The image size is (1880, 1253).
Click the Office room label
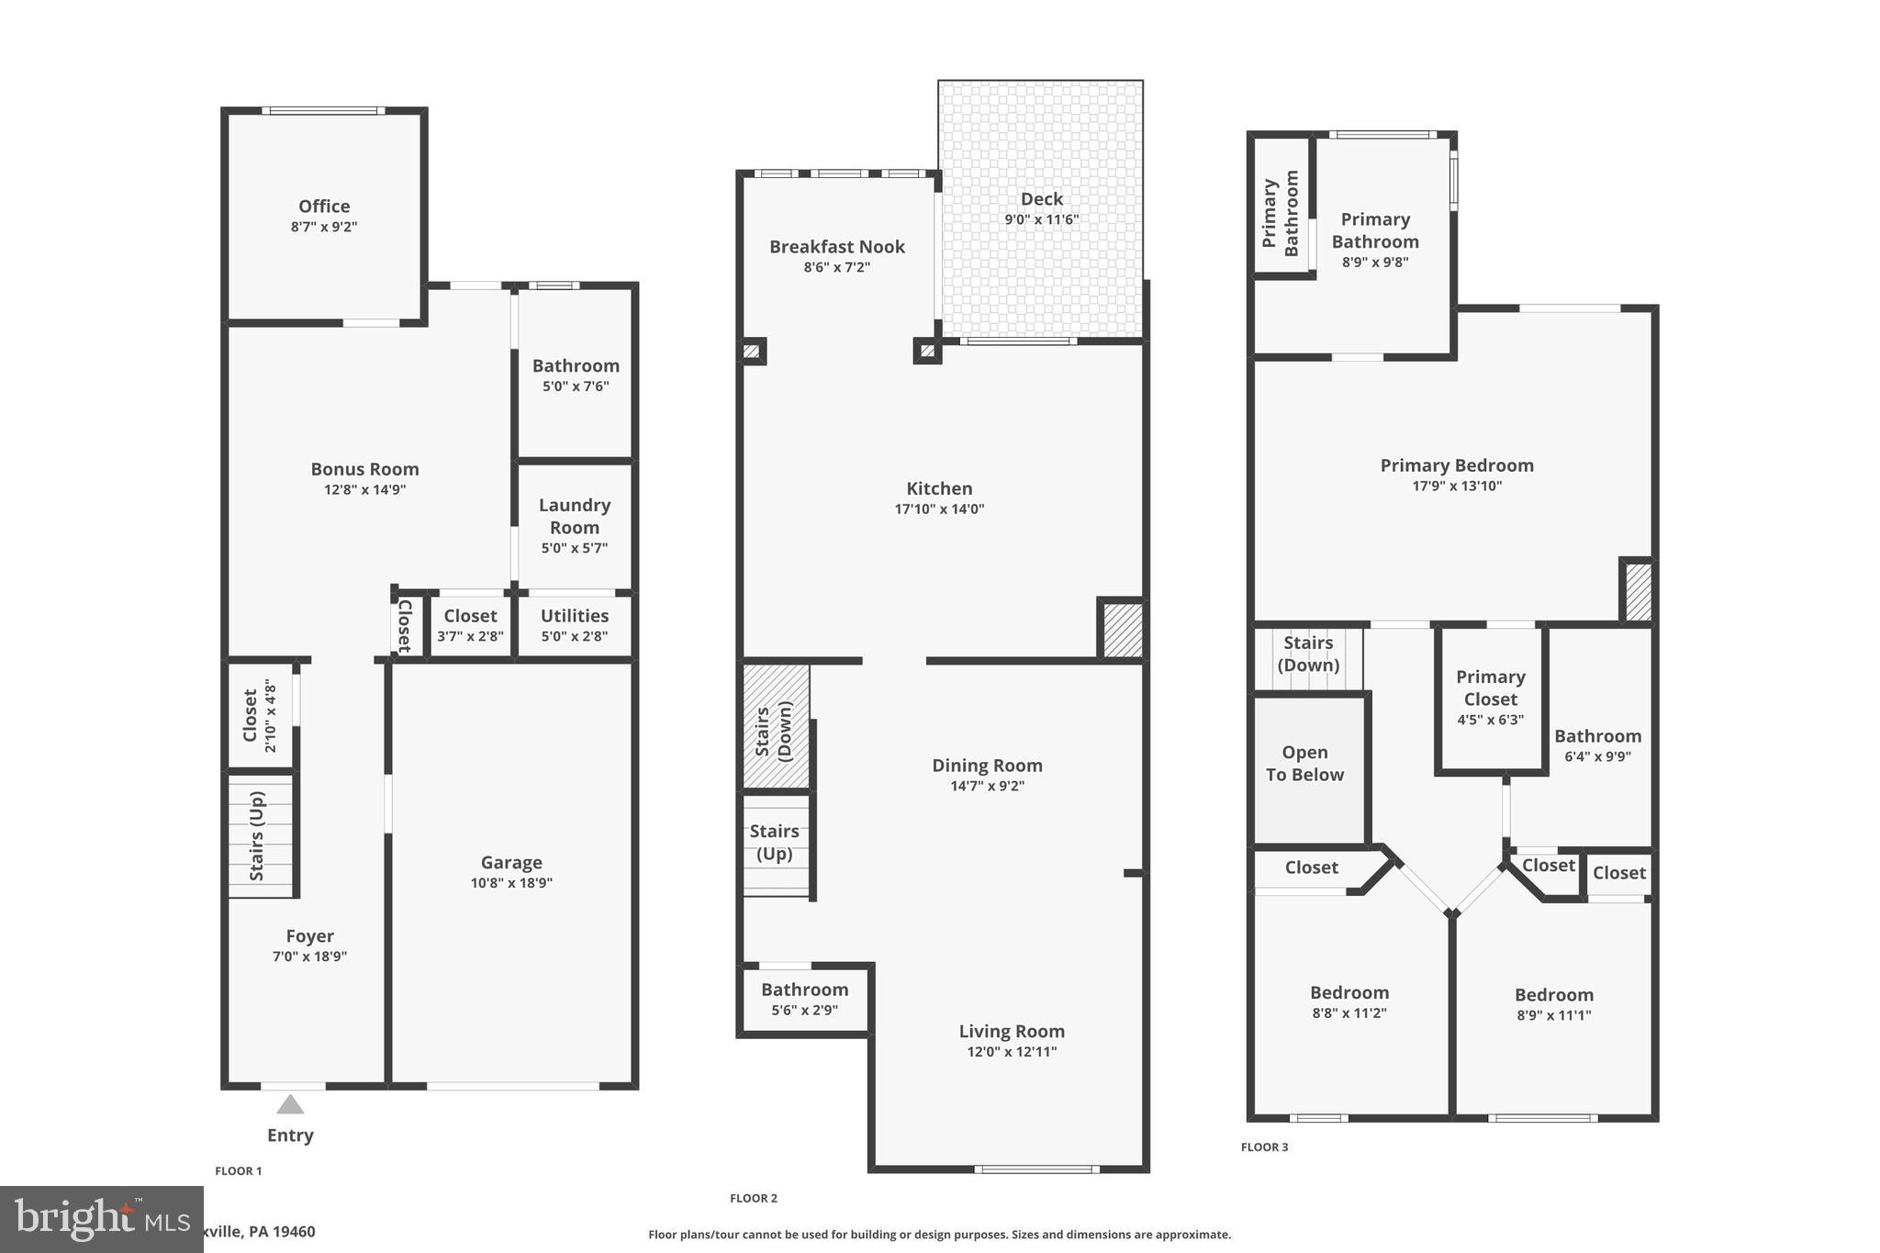click(x=324, y=207)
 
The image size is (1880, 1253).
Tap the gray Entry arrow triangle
click(x=290, y=1104)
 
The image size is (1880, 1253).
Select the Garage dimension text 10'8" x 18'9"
click(x=511, y=883)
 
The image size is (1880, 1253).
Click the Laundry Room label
click(x=575, y=516)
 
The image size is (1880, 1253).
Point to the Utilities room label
click(x=575, y=616)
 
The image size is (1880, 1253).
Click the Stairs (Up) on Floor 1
click(x=258, y=835)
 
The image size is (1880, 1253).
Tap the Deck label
click(x=1041, y=199)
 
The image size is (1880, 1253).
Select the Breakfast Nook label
click(x=837, y=247)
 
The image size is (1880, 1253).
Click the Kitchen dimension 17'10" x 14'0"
click(x=939, y=509)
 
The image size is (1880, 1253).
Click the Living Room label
click(x=1012, y=1032)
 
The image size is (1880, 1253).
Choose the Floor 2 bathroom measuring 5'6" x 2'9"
click(x=804, y=999)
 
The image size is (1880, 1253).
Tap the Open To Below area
click(x=1304, y=764)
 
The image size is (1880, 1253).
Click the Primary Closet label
click(x=1490, y=688)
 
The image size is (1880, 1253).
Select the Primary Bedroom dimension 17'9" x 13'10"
click(x=1457, y=487)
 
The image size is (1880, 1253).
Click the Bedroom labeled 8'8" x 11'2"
click(x=1349, y=1001)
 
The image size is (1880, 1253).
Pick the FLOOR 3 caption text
click(x=1264, y=1147)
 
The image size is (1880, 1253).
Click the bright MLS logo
click(x=100, y=1218)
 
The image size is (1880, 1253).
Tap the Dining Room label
click(x=987, y=766)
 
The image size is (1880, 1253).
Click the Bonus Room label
click(x=364, y=469)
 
